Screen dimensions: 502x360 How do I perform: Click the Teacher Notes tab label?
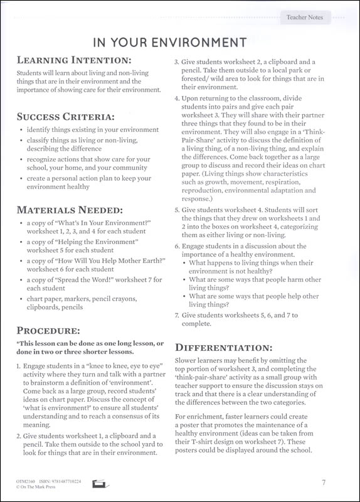point(304,17)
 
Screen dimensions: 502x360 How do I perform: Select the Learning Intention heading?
point(74,61)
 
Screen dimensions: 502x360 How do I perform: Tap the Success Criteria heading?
point(66,116)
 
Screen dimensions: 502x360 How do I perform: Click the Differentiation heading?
point(223,346)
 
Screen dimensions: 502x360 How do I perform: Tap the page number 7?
point(324,482)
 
